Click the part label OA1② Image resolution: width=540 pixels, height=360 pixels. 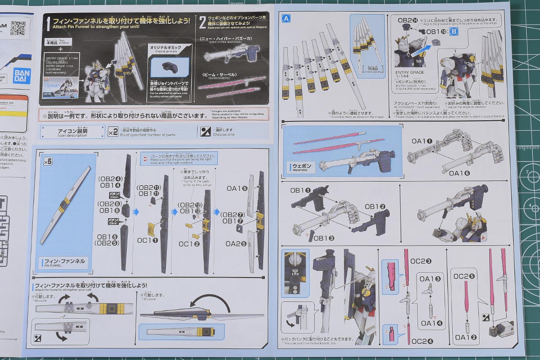click(465, 337)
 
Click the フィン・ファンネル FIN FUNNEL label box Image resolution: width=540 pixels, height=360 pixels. click(64, 261)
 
